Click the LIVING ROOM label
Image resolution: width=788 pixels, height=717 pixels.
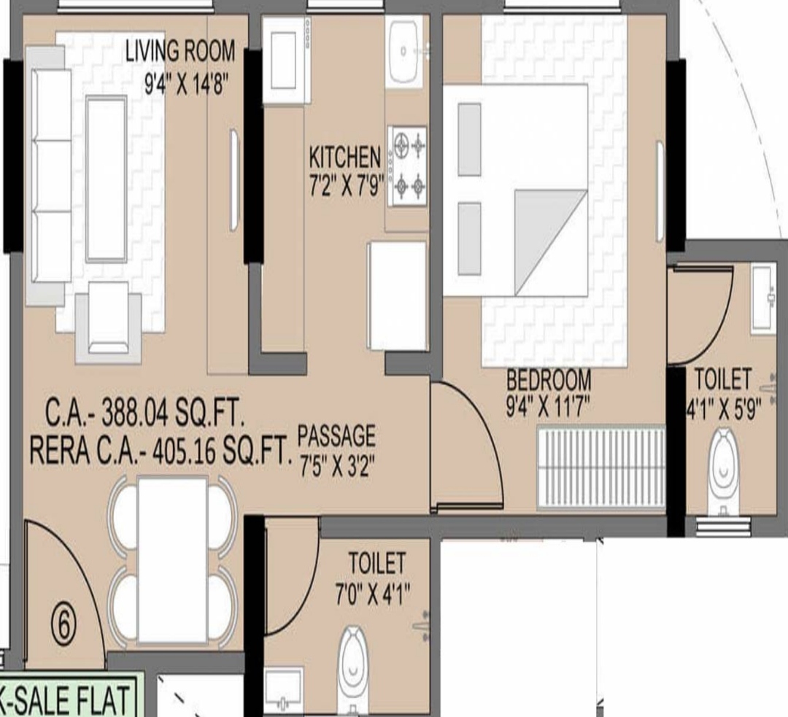[x=180, y=51]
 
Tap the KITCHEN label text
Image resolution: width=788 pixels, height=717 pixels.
[x=344, y=158]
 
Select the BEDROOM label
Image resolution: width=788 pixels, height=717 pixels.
[x=548, y=380]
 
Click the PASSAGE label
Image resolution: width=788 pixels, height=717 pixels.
[x=336, y=435]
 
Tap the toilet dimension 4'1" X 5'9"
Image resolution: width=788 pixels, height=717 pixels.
[x=725, y=409]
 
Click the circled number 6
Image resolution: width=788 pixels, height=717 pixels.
[x=63, y=626]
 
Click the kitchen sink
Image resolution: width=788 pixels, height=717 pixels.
[x=404, y=51]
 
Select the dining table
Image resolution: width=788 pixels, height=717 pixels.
[x=172, y=560]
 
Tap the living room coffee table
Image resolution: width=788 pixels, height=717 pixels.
[x=106, y=179]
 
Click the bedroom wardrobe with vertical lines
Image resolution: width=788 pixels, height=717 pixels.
[x=601, y=468]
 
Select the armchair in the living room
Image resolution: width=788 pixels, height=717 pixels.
[x=109, y=322]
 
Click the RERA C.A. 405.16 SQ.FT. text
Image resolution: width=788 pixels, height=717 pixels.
[x=161, y=451]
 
